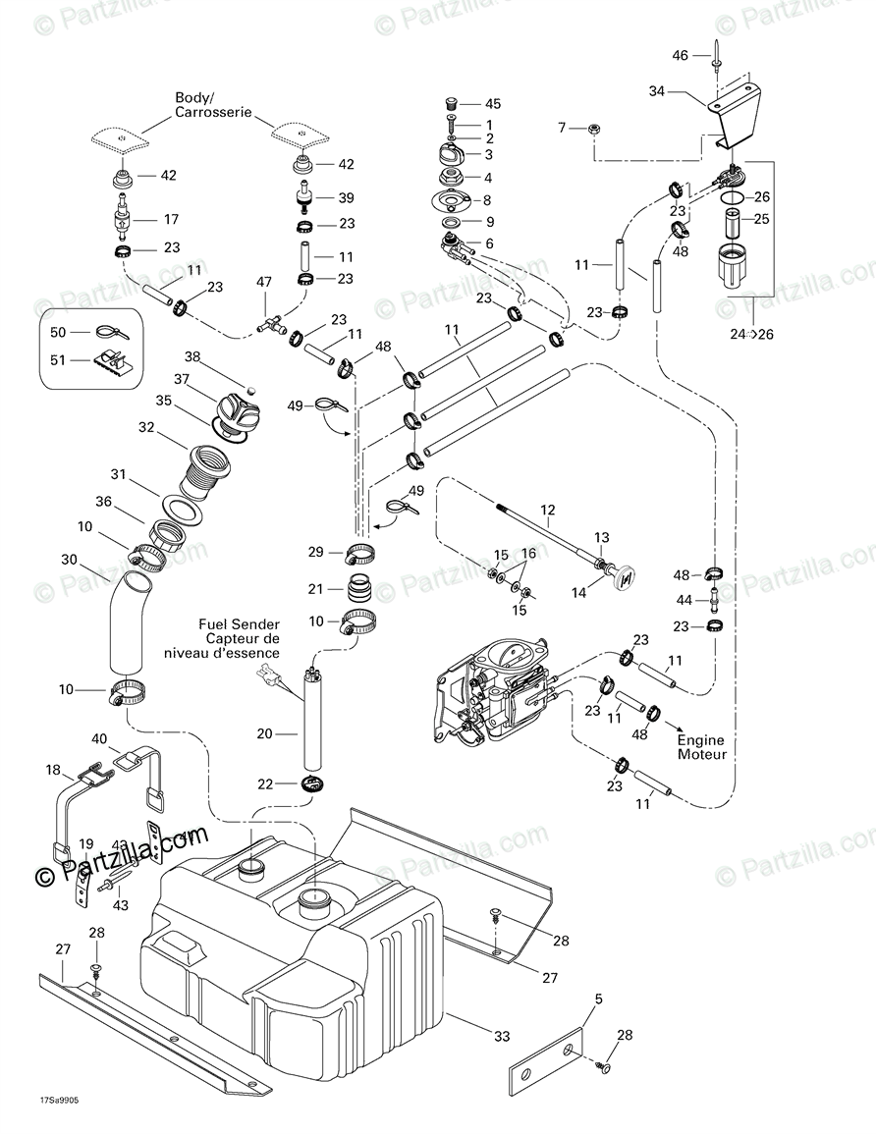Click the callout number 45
(493, 103)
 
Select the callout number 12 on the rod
(548, 510)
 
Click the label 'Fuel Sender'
(239, 623)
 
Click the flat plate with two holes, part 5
(548, 1064)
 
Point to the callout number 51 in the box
(57, 360)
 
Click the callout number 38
(192, 356)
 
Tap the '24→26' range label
(752, 334)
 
